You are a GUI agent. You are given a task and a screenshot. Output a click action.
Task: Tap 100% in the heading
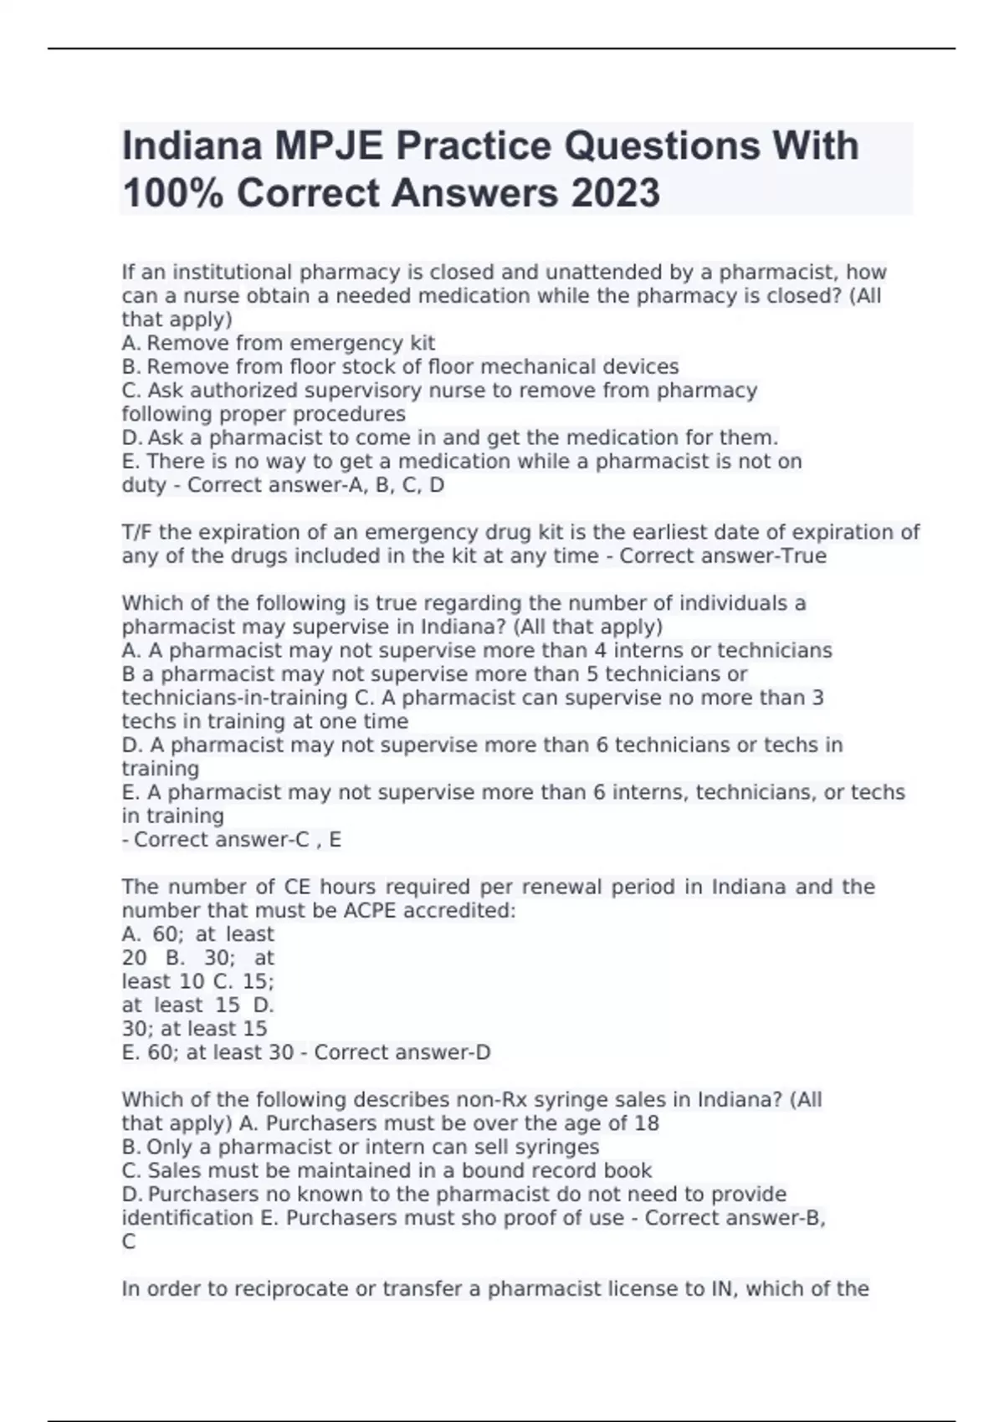173,193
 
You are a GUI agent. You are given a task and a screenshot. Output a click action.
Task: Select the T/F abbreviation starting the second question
137,532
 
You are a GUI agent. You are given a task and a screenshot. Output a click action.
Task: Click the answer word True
802,556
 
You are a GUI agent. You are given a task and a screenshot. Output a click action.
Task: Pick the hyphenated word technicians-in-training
234,698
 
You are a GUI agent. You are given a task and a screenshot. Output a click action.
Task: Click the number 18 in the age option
647,1123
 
